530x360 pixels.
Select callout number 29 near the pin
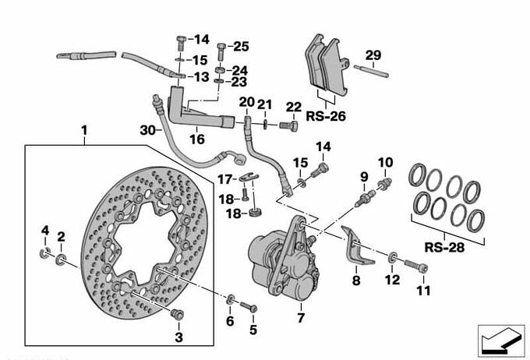374,55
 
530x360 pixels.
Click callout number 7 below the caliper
300,319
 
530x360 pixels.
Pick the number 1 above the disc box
84,129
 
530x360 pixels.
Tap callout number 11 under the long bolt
423,291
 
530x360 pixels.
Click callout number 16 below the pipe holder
196,139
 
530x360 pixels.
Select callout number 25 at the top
241,46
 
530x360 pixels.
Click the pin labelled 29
373,70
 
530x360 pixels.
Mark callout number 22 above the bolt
293,107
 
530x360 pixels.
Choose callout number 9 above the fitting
363,176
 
